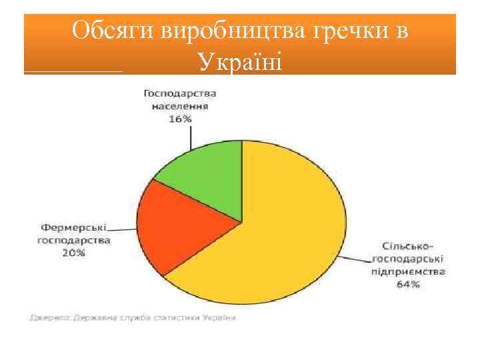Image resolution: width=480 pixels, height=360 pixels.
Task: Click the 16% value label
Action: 180,118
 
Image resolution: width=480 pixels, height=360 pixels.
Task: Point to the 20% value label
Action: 73,253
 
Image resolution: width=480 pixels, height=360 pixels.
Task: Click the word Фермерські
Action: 73,227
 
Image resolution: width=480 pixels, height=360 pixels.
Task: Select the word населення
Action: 180,106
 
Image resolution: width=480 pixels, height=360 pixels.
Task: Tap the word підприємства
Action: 409,272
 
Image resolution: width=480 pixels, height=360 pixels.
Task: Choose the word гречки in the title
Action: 347,31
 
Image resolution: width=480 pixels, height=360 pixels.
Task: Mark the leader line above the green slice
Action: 191,137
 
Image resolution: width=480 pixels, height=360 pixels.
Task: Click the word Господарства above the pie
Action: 180,94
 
